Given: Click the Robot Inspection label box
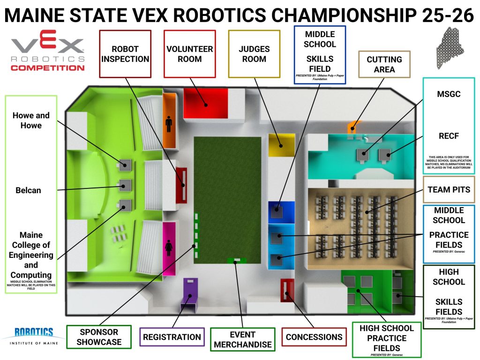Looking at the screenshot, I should [125, 54].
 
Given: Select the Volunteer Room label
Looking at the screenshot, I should [189, 54].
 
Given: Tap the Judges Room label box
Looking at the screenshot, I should [254, 54].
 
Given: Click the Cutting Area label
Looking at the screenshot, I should [384, 65].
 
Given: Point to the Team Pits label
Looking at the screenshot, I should [449, 190].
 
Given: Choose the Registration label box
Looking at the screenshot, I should [172, 337].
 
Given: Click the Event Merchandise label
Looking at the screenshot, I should [242, 339].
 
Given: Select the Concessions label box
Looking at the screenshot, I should [314, 337].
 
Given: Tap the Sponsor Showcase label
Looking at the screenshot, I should [99, 337].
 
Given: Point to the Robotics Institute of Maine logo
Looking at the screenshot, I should [33, 336].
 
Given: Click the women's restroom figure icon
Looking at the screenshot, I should [168, 246].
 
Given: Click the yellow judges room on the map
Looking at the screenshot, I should [281, 144].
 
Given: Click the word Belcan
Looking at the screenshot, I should [28, 190].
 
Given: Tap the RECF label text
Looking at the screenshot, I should [449, 136].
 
